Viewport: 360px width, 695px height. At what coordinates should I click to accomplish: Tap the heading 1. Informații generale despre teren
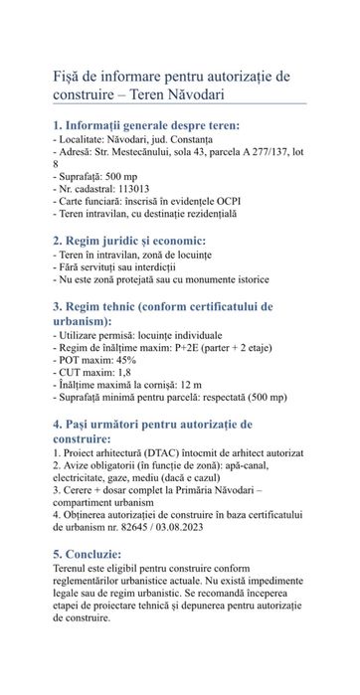click(145, 126)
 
